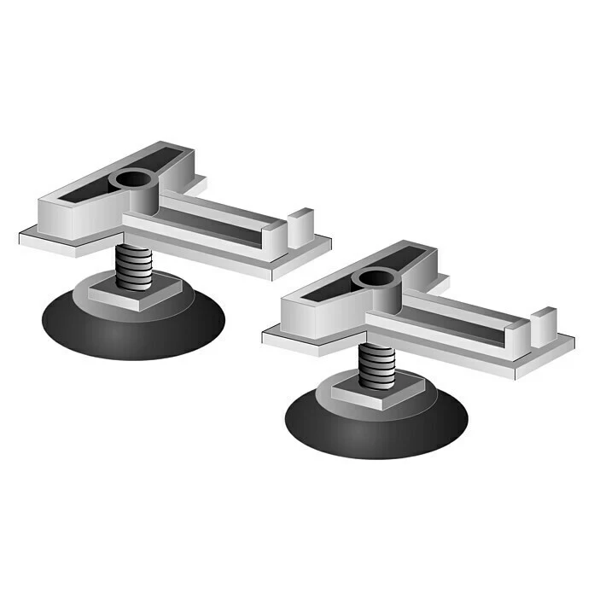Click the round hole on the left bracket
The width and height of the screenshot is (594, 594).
[132, 181]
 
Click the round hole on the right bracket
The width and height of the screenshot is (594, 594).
[374, 278]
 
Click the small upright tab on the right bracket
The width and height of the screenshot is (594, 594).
[543, 324]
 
